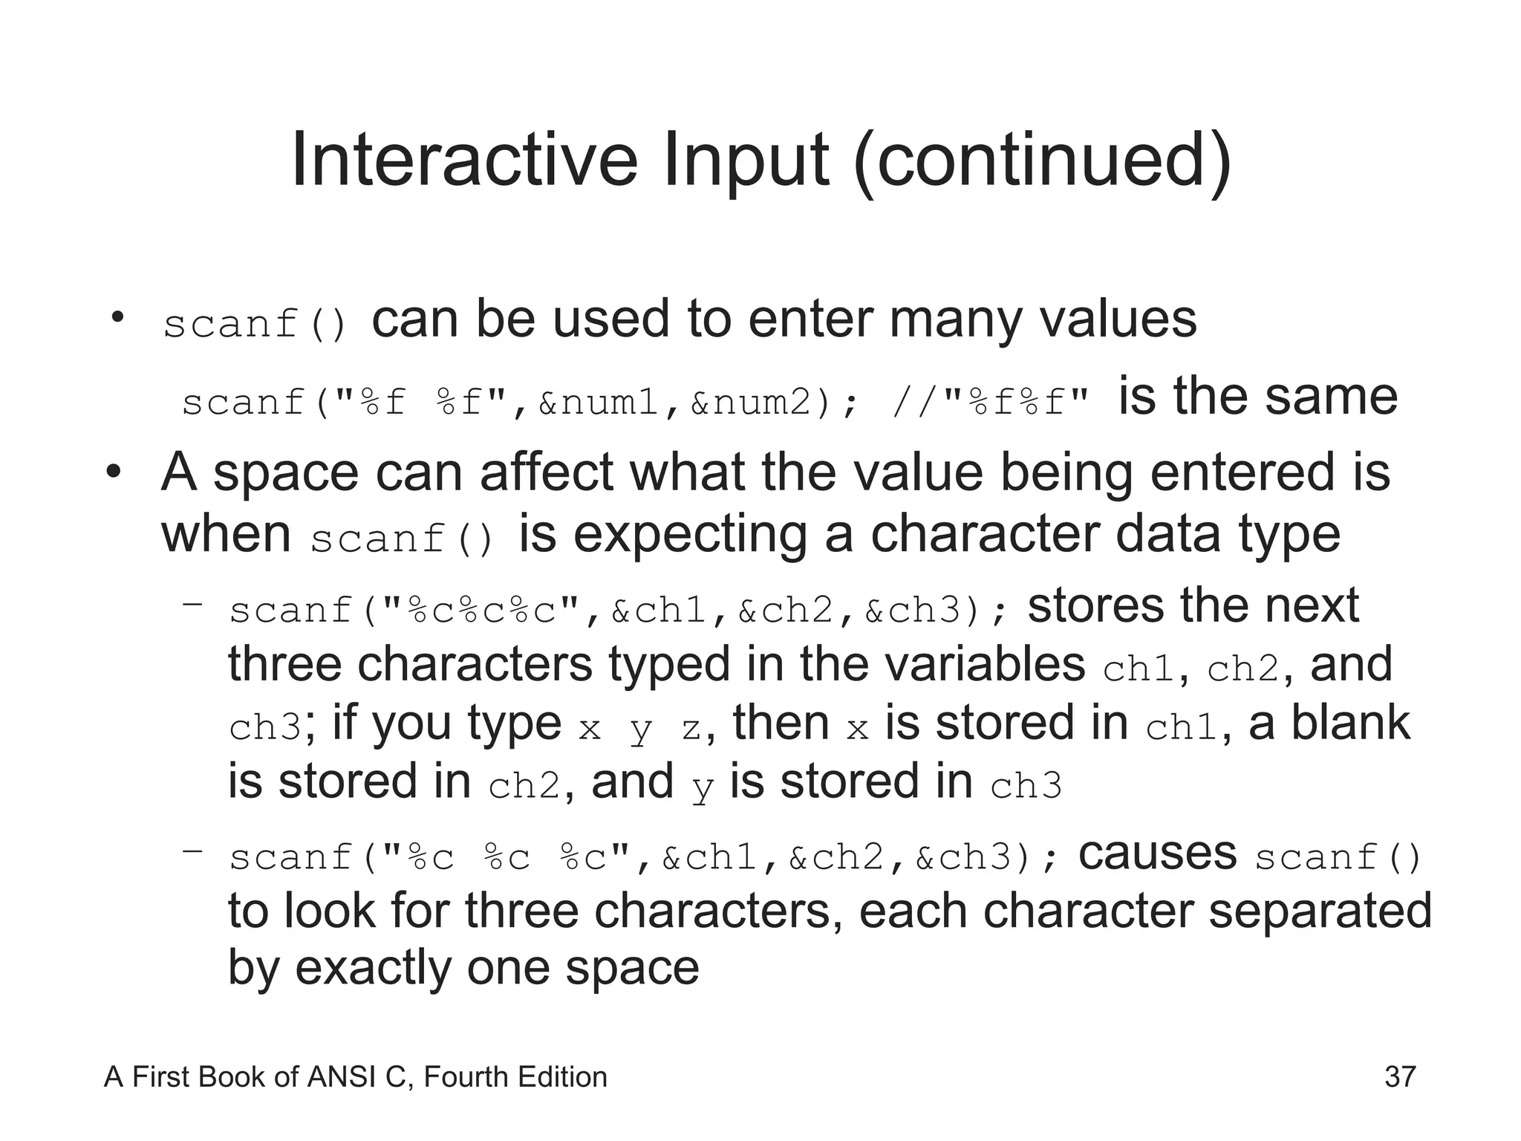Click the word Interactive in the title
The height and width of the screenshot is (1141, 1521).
pos(464,160)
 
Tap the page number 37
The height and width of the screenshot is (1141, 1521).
pos(1400,1076)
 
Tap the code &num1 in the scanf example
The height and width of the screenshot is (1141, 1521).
pos(599,402)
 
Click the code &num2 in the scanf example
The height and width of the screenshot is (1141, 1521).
pos(751,402)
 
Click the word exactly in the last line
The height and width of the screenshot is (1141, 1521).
pos(372,968)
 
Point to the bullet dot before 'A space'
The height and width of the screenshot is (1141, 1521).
pos(113,472)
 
